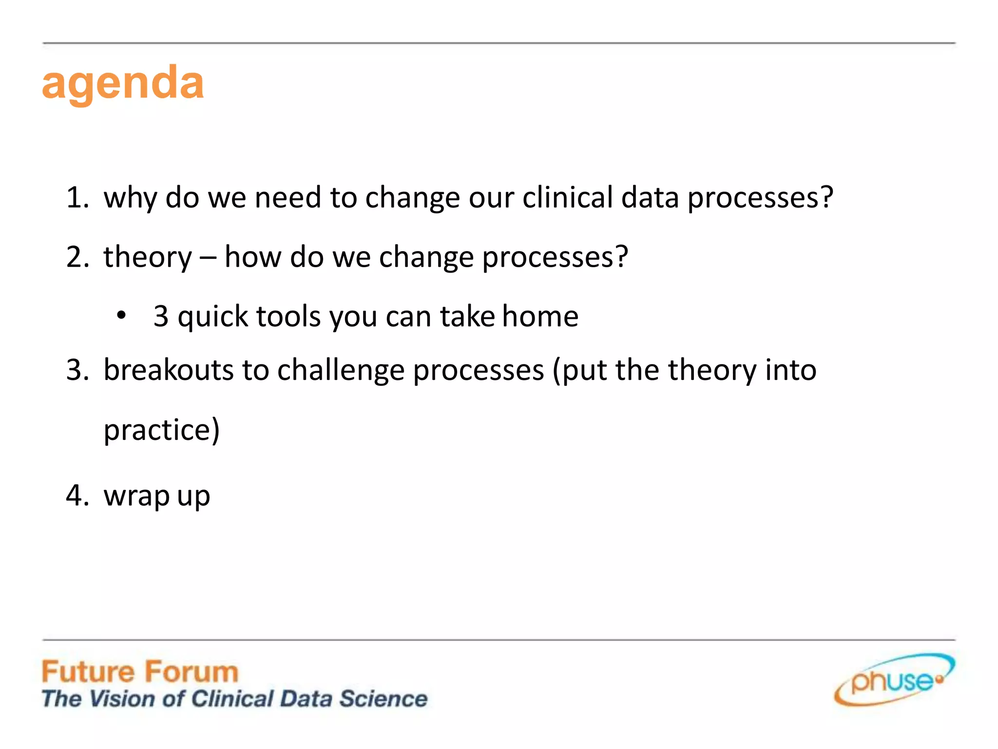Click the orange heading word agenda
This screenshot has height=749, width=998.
coord(123,83)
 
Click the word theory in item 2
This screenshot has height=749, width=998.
coord(148,257)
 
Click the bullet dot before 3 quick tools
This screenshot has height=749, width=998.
coord(121,316)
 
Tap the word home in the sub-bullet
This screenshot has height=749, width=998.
coord(540,316)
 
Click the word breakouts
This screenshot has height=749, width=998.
coord(169,370)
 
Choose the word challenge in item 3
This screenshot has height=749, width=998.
coord(341,371)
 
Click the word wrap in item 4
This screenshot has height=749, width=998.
coord(136,496)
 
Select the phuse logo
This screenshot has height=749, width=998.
coord(894,680)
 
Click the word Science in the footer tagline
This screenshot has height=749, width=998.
coord(384,699)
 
